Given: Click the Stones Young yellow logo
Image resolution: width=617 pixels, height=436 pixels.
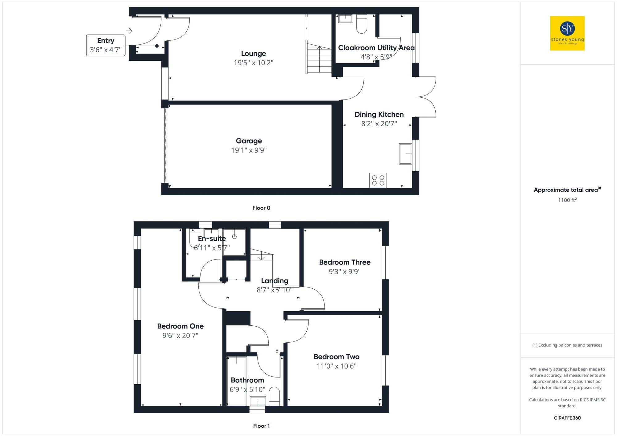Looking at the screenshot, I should (567, 33).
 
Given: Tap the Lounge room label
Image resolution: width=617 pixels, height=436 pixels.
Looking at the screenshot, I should (253, 54).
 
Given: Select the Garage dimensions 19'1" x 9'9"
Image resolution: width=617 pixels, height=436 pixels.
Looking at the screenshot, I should (249, 150).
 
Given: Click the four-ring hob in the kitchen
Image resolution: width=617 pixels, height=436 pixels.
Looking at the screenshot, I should (378, 180).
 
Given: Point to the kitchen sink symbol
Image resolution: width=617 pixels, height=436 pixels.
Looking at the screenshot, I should (405, 154).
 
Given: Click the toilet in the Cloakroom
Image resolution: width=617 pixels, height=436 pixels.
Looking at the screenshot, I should (362, 24).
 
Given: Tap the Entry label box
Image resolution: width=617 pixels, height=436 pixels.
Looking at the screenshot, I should (106, 45).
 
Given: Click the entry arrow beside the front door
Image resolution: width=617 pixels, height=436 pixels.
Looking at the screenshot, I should (129, 31).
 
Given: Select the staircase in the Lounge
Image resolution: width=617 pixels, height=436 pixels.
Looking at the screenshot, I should (319, 59).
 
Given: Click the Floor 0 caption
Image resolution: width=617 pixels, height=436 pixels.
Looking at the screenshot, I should (261, 208).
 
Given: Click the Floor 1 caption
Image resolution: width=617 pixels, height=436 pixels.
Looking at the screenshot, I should (261, 426).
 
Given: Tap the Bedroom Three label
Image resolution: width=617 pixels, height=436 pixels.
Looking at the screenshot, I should (345, 262).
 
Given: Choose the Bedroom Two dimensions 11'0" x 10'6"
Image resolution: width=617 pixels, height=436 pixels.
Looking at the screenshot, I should (337, 366).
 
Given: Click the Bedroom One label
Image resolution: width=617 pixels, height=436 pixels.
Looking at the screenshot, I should (180, 326).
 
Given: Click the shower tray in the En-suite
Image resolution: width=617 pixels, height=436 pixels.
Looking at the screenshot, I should (234, 242).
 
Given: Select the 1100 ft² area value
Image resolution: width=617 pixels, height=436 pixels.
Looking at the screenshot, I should (567, 200).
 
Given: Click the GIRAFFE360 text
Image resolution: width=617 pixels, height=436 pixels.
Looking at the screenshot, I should (567, 418).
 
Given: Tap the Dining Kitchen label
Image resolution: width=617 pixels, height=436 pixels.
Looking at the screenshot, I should (379, 115).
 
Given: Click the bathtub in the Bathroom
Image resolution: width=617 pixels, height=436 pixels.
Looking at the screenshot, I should (237, 381).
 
